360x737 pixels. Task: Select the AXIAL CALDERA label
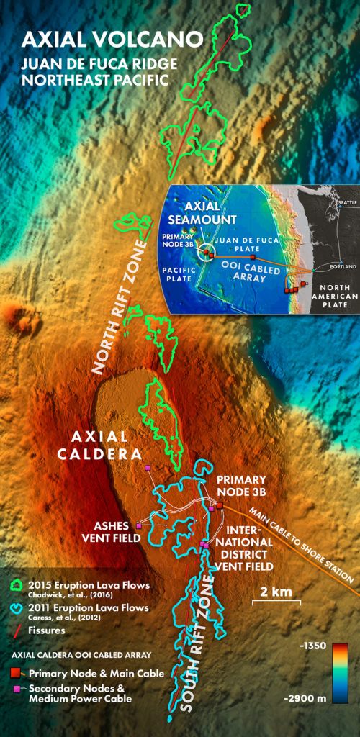point(104,446)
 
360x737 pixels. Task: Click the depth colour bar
point(341,672)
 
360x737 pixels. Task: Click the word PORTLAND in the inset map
point(343,266)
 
